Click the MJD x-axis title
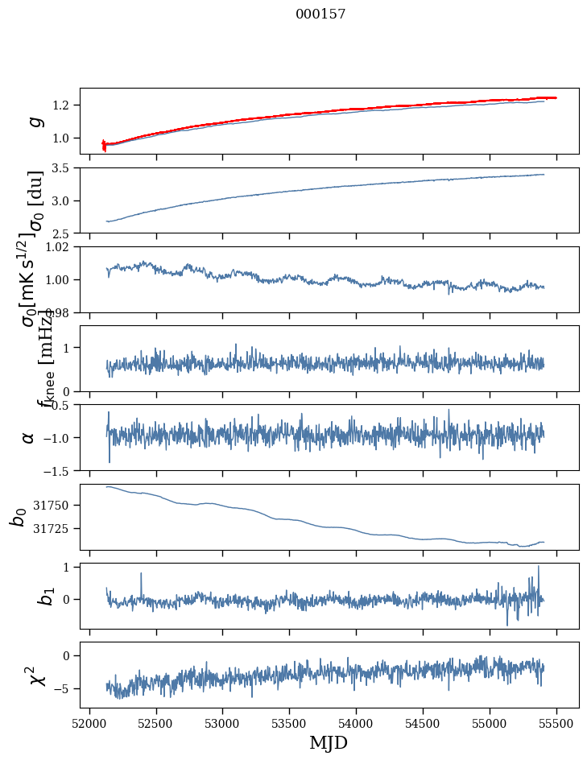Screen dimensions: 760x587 coord(329,742)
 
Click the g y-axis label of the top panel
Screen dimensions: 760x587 coord(33,121)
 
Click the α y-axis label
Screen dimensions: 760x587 coord(29,437)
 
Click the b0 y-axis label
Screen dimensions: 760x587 coord(18,516)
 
